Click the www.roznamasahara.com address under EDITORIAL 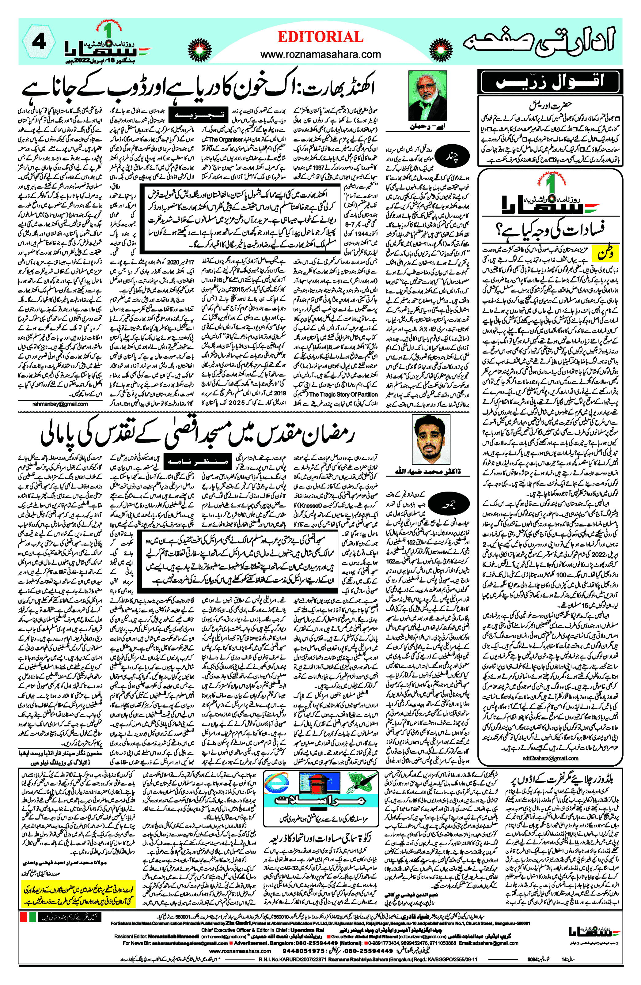pos(320,54)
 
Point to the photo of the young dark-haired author pos(430,439)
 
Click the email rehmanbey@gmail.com pos(60,404)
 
